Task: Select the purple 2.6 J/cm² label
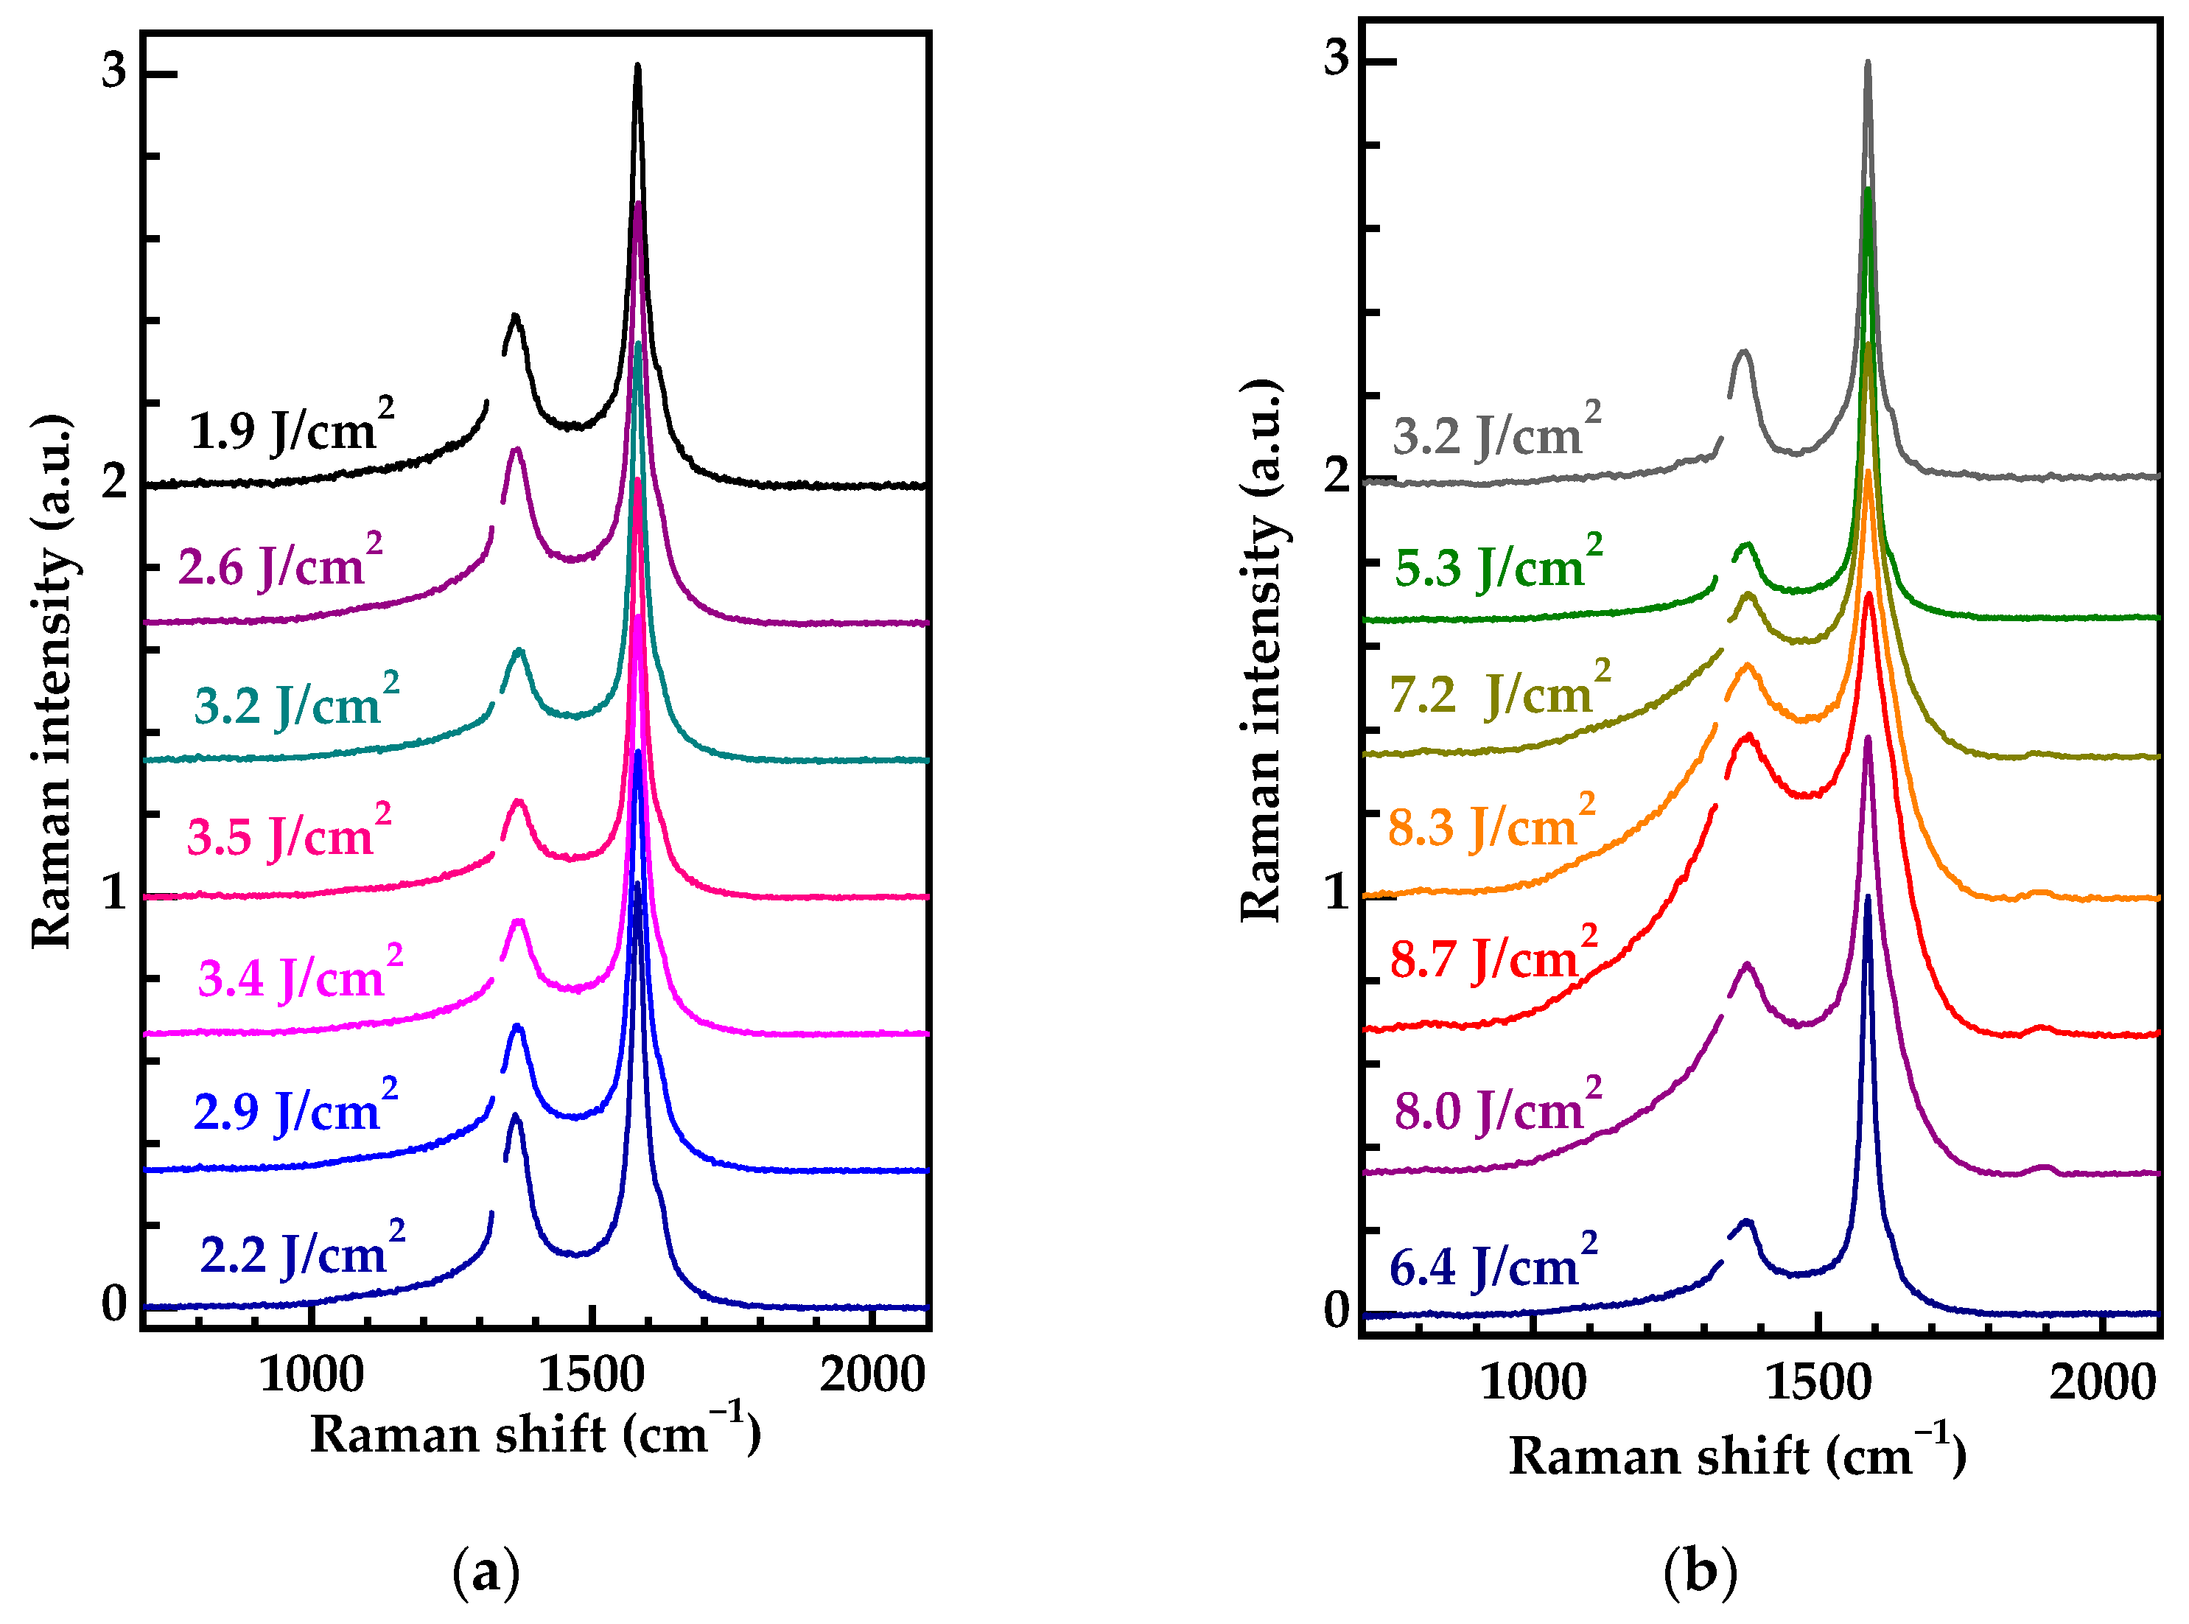coord(280,564)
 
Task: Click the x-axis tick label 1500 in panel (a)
coord(592,1374)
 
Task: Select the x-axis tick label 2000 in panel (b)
coord(2101,1382)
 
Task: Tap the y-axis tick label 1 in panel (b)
coord(1336,892)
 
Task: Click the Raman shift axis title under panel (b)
coord(1737,1456)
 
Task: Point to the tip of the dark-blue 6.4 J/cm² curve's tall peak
coord(1868,897)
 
